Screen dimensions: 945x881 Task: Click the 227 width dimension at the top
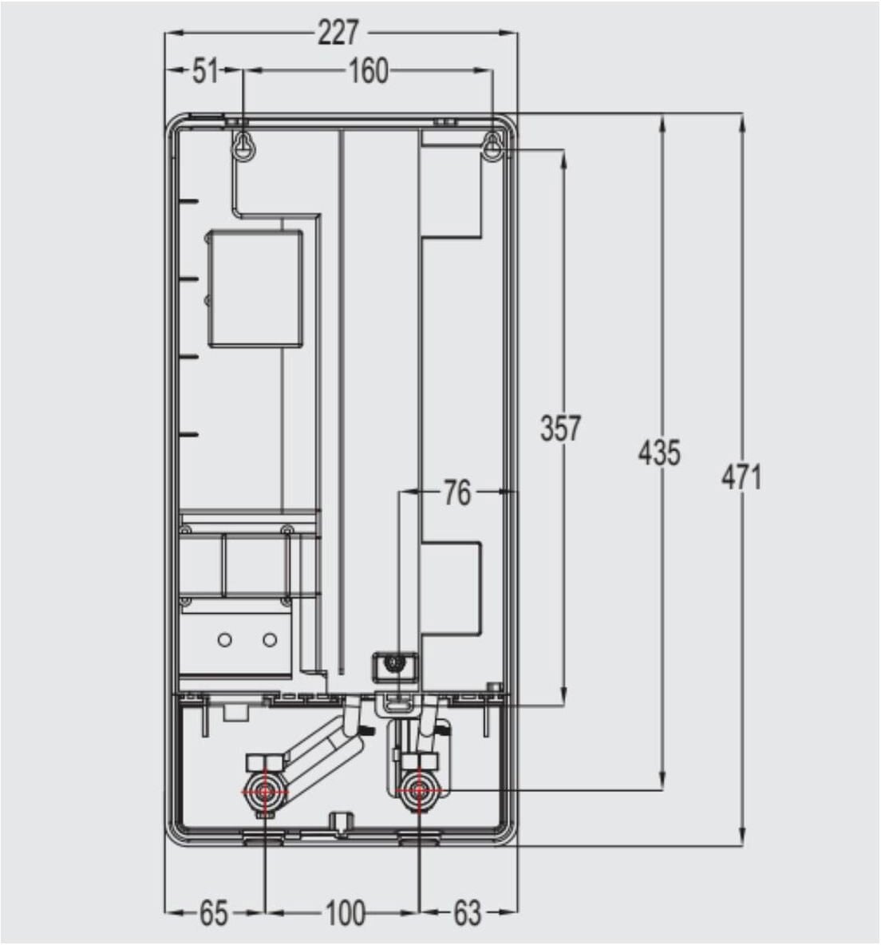(x=339, y=34)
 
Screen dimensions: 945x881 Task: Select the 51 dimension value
(x=205, y=72)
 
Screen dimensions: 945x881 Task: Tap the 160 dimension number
(x=368, y=72)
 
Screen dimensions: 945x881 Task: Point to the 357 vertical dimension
(x=560, y=429)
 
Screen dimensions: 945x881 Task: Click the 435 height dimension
(x=659, y=453)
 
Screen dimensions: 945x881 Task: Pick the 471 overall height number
(x=741, y=476)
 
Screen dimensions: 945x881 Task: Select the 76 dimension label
(x=456, y=492)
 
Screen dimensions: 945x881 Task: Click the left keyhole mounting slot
(x=245, y=146)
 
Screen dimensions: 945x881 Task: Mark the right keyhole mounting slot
(x=493, y=146)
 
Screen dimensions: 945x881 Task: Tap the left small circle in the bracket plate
(x=225, y=640)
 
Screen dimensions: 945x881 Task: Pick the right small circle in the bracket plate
(x=270, y=640)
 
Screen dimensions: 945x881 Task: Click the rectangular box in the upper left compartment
(x=255, y=288)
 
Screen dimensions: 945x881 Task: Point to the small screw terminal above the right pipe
(x=392, y=663)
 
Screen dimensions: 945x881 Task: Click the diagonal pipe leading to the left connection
(x=319, y=753)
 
